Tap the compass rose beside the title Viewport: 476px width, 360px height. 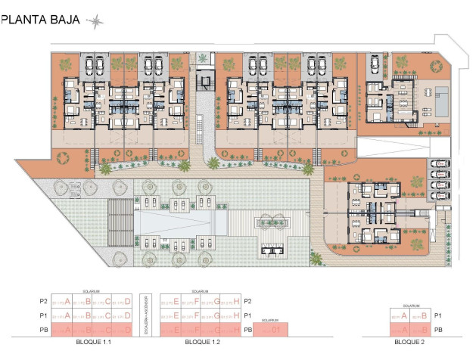[x=96, y=22]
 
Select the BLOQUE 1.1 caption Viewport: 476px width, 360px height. [x=94, y=343]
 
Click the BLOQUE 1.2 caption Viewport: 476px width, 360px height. [x=201, y=343]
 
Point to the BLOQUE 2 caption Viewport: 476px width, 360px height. [x=409, y=343]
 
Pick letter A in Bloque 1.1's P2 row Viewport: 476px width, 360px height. [x=68, y=302]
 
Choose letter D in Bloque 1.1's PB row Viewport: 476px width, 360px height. [x=128, y=329]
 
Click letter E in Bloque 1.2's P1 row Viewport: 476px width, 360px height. [x=176, y=315]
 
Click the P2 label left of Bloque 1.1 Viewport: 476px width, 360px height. [x=42, y=302]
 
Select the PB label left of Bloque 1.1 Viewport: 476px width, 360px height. [x=42, y=330]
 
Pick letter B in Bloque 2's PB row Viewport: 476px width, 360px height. [x=425, y=329]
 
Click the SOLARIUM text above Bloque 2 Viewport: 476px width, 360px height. [x=411, y=306]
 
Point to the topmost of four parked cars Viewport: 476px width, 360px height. [x=437, y=163]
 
